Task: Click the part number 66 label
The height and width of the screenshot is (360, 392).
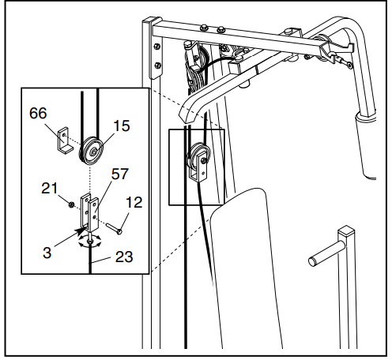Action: click(x=38, y=114)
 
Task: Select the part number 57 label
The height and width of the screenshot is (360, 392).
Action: click(x=120, y=174)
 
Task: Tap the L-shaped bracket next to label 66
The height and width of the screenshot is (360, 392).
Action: click(x=62, y=141)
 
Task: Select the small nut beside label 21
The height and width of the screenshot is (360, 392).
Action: click(x=73, y=204)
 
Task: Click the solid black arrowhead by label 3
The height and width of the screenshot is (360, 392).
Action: click(x=79, y=231)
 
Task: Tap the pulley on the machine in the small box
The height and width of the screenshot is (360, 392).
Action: click(x=195, y=160)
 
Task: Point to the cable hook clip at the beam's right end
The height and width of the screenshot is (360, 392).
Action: click(x=341, y=56)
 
